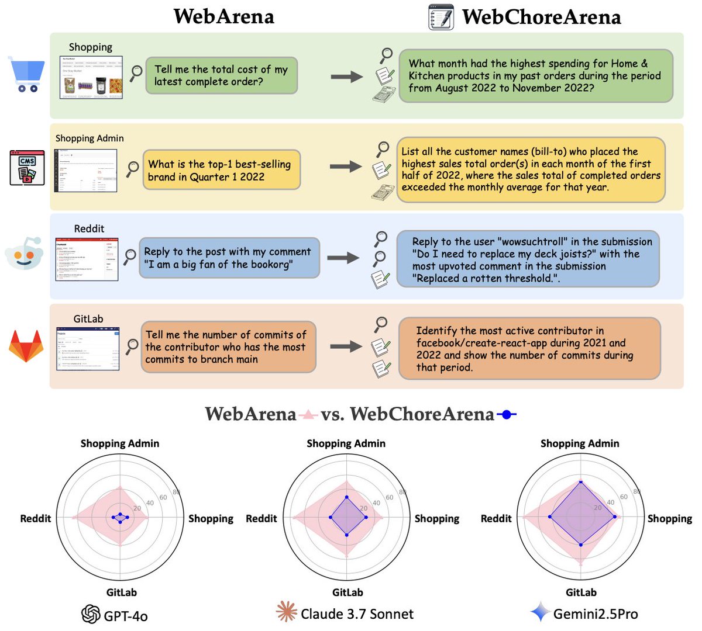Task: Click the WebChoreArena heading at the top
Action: pyautogui.click(x=541, y=17)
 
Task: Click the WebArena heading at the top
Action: pyautogui.click(x=224, y=16)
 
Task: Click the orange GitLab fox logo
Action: pyautogui.click(x=26, y=346)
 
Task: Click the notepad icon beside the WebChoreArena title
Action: pyautogui.click(x=441, y=17)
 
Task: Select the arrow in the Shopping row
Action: pyautogui.click(x=346, y=77)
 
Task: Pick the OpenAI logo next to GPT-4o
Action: pyautogui.click(x=91, y=614)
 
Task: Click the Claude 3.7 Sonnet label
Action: pyautogui.click(x=357, y=614)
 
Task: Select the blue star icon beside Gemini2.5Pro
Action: pyautogui.click(x=539, y=613)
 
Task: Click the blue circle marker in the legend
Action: pyautogui.click(x=507, y=415)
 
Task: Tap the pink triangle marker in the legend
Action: pyautogui.click(x=308, y=415)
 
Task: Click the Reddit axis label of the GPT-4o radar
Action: pyautogui.click(x=36, y=519)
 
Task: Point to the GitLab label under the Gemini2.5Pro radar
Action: pyautogui.click(x=581, y=592)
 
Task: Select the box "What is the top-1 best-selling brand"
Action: pyautogui.click(x=221, y=171)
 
